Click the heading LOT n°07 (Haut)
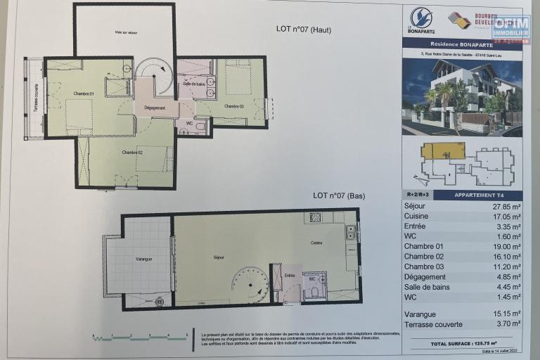point(304,30)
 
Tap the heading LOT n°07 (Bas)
point(339,195)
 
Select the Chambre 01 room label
point(83,94)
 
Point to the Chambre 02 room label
point(131,153)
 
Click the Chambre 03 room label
point(234,106)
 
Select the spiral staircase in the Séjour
point(250,284)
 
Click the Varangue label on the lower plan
point(143,259)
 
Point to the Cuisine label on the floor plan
point(318,243)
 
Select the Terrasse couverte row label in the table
point(433,324)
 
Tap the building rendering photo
point(461,97)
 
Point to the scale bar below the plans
point(141,337)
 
